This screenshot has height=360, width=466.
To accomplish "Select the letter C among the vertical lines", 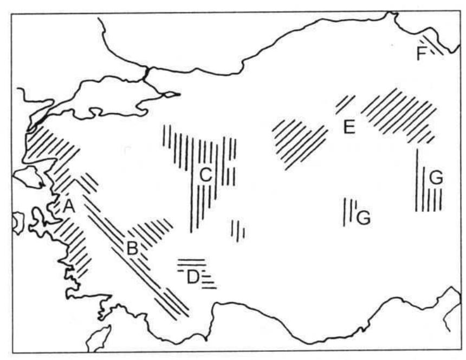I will click(x=205, y=174).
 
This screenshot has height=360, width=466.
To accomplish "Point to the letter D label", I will click(x=192, y=278).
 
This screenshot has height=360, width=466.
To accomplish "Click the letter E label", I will click(x=348, y=128).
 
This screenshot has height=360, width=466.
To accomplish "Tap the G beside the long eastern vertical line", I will click(x=436, y=177).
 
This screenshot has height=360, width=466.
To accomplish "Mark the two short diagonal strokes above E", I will click(x=345, y=103).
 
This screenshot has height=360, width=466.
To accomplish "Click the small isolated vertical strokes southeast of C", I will click(x=238, y=230).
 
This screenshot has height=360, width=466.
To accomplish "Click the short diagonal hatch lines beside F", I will click(x=433, y=46).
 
